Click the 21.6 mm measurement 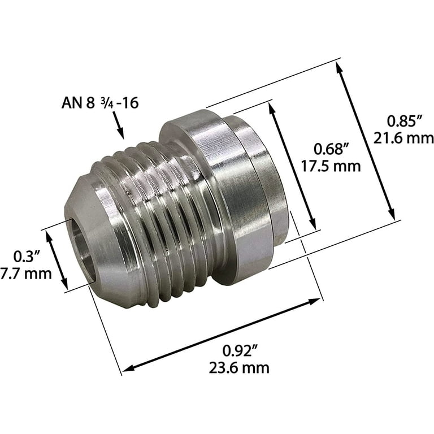(x=402, y=138)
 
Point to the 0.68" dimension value (x=332, y=150)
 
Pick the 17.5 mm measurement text (x=332, y=167)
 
